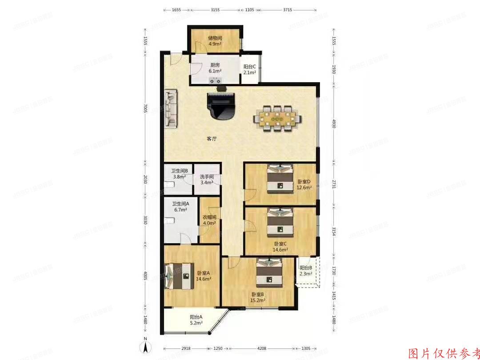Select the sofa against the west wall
(171, 109)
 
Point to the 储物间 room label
(216, 38)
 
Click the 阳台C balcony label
(250, 67)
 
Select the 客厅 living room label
(212, 139)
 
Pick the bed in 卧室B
(269, 272)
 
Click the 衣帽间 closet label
(210, 218)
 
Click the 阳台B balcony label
(306, 268)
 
